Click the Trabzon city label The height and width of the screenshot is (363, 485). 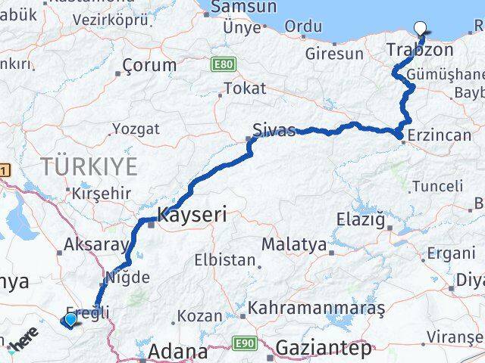(420, 51)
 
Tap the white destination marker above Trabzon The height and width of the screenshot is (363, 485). (421, 29)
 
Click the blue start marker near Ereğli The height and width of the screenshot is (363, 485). (70, 320)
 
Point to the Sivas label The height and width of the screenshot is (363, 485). (274, 129)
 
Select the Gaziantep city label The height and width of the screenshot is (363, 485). (324, 349)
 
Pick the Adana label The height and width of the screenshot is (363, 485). (178, 352)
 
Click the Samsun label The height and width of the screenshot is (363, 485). (235, 7)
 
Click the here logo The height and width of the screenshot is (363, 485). (23, 345)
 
